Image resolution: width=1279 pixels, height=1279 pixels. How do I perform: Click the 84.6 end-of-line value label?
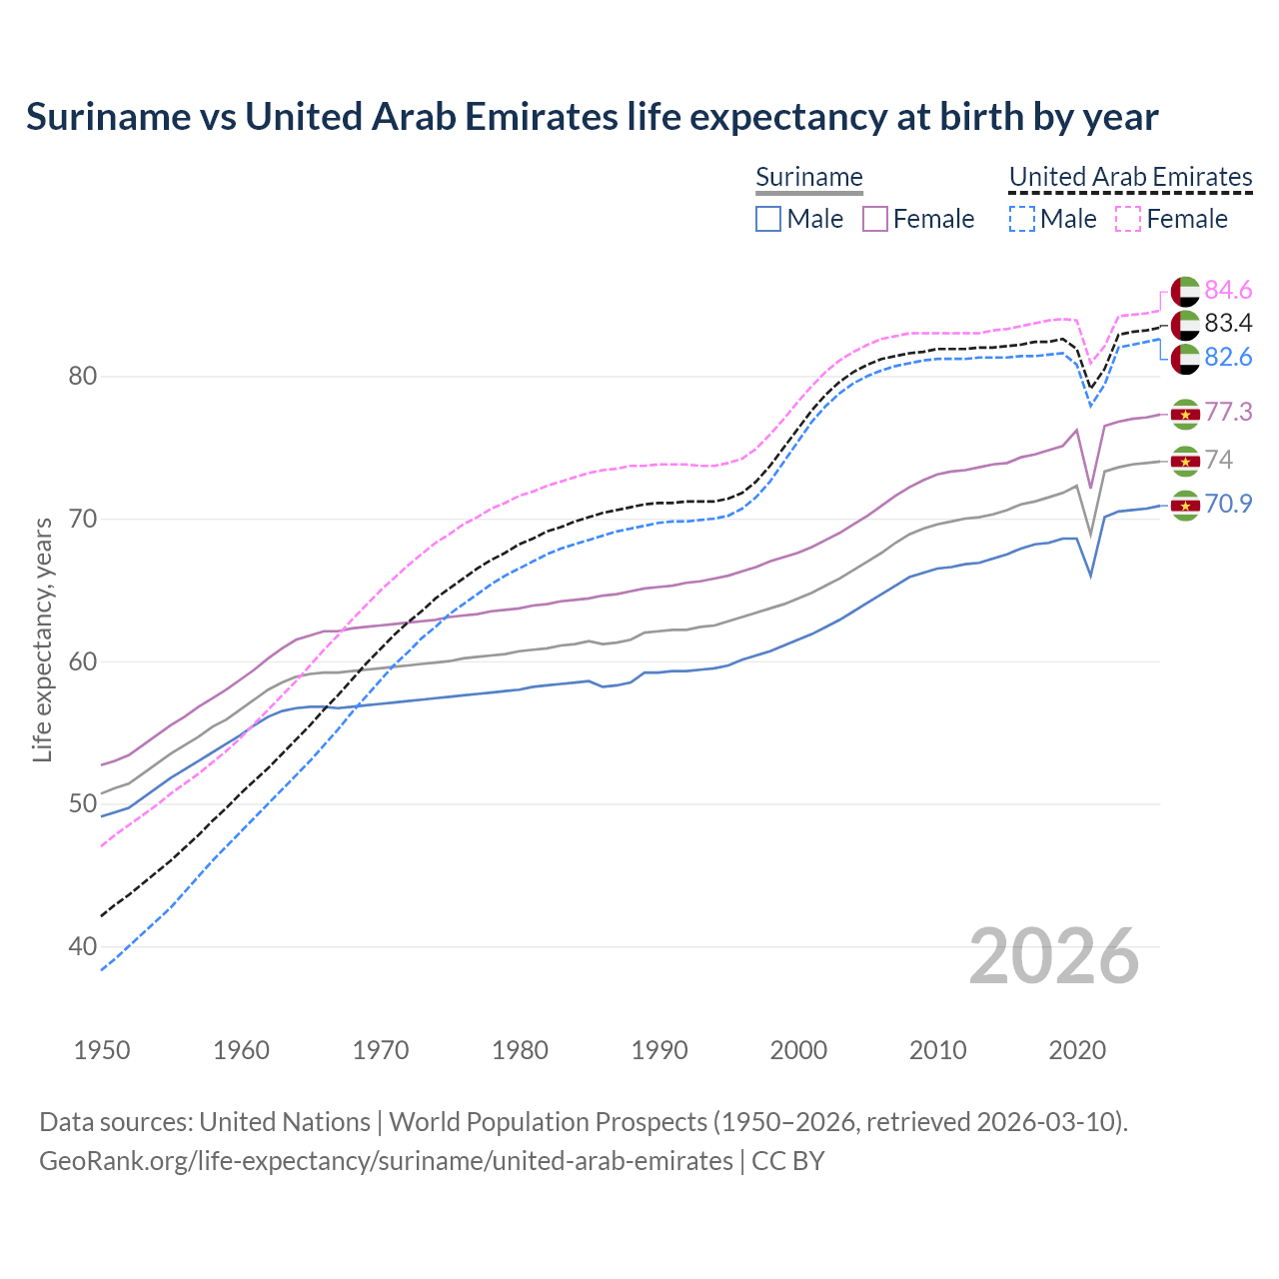(1228, 290)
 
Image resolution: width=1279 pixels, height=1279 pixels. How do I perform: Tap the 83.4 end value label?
(1228, 323)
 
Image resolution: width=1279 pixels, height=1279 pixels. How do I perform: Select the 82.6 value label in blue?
(1228, 357)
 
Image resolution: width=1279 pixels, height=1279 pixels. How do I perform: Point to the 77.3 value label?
(1228, 412)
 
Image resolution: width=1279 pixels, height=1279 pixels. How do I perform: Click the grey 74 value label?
(1219, 460)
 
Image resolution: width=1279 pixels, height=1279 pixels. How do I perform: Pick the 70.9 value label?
(1228, 504)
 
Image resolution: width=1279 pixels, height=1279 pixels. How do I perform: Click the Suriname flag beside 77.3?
(1185, 414)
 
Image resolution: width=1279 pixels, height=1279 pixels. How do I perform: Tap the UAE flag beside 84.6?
(1185, 291)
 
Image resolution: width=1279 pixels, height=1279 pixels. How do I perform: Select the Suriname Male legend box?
(768, 219)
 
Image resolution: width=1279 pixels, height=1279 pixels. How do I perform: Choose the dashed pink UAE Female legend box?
(1128, 219)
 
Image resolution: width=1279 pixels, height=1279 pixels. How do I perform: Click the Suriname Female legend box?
(875, 219)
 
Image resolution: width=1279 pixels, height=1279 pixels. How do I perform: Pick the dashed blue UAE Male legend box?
(1022, 219)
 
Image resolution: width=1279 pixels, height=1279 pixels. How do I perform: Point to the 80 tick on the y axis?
(83, 377)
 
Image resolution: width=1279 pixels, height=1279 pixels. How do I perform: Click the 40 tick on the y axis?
(83, 946)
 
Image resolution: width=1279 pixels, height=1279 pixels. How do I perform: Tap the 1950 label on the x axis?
(103, 1050)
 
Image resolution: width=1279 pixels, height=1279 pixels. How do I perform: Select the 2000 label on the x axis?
(799, 1050)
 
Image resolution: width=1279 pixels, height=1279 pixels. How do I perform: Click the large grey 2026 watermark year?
(1054, 956)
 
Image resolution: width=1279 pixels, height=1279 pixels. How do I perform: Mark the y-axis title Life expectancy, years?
(43, 639)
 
